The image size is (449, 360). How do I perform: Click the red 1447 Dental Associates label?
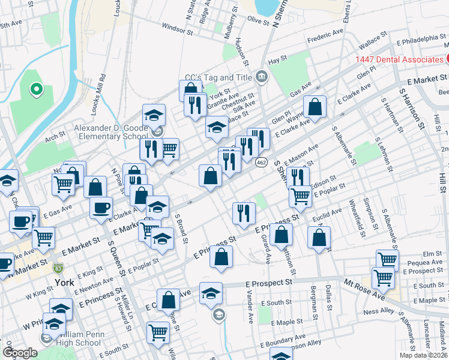[x=399, y=59]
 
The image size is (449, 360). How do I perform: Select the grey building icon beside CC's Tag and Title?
[x=262, y=76]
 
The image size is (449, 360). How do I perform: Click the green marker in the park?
[x=36, y=90]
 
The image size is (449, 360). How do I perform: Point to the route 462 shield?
[x=261, y=162]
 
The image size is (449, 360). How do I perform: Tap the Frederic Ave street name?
[x=325, y=37]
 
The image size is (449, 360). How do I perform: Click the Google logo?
[x=20, y=353]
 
